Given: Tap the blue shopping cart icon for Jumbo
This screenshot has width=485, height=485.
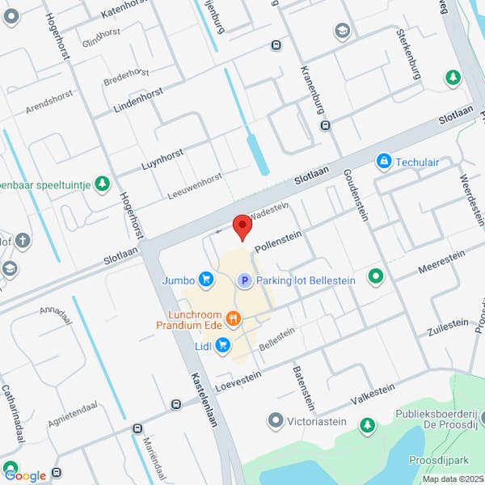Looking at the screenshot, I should click(x=207, y=280).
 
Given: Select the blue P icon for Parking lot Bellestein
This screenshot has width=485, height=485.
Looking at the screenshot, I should click(x=243, y=280).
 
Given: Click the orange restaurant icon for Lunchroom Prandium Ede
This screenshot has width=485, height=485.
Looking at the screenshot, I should click(x=234, y=318).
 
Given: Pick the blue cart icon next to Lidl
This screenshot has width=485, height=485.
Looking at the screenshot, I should click(x=223, y=346).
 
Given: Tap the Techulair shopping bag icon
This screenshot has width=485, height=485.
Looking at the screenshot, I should click(x=384, y=162).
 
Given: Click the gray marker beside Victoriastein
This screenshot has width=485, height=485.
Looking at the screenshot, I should click(x=276, y=420).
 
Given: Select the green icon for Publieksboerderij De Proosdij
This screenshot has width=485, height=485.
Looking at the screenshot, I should click(x=368, y=424).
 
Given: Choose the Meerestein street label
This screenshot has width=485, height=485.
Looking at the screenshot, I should click(x=441, y=260).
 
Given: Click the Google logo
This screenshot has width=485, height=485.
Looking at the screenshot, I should click(x=25, y=475).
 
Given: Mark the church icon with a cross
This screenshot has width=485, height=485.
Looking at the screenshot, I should click(x=23, y=240).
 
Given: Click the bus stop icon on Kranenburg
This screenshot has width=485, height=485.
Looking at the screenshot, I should click(x=325, y=125).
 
